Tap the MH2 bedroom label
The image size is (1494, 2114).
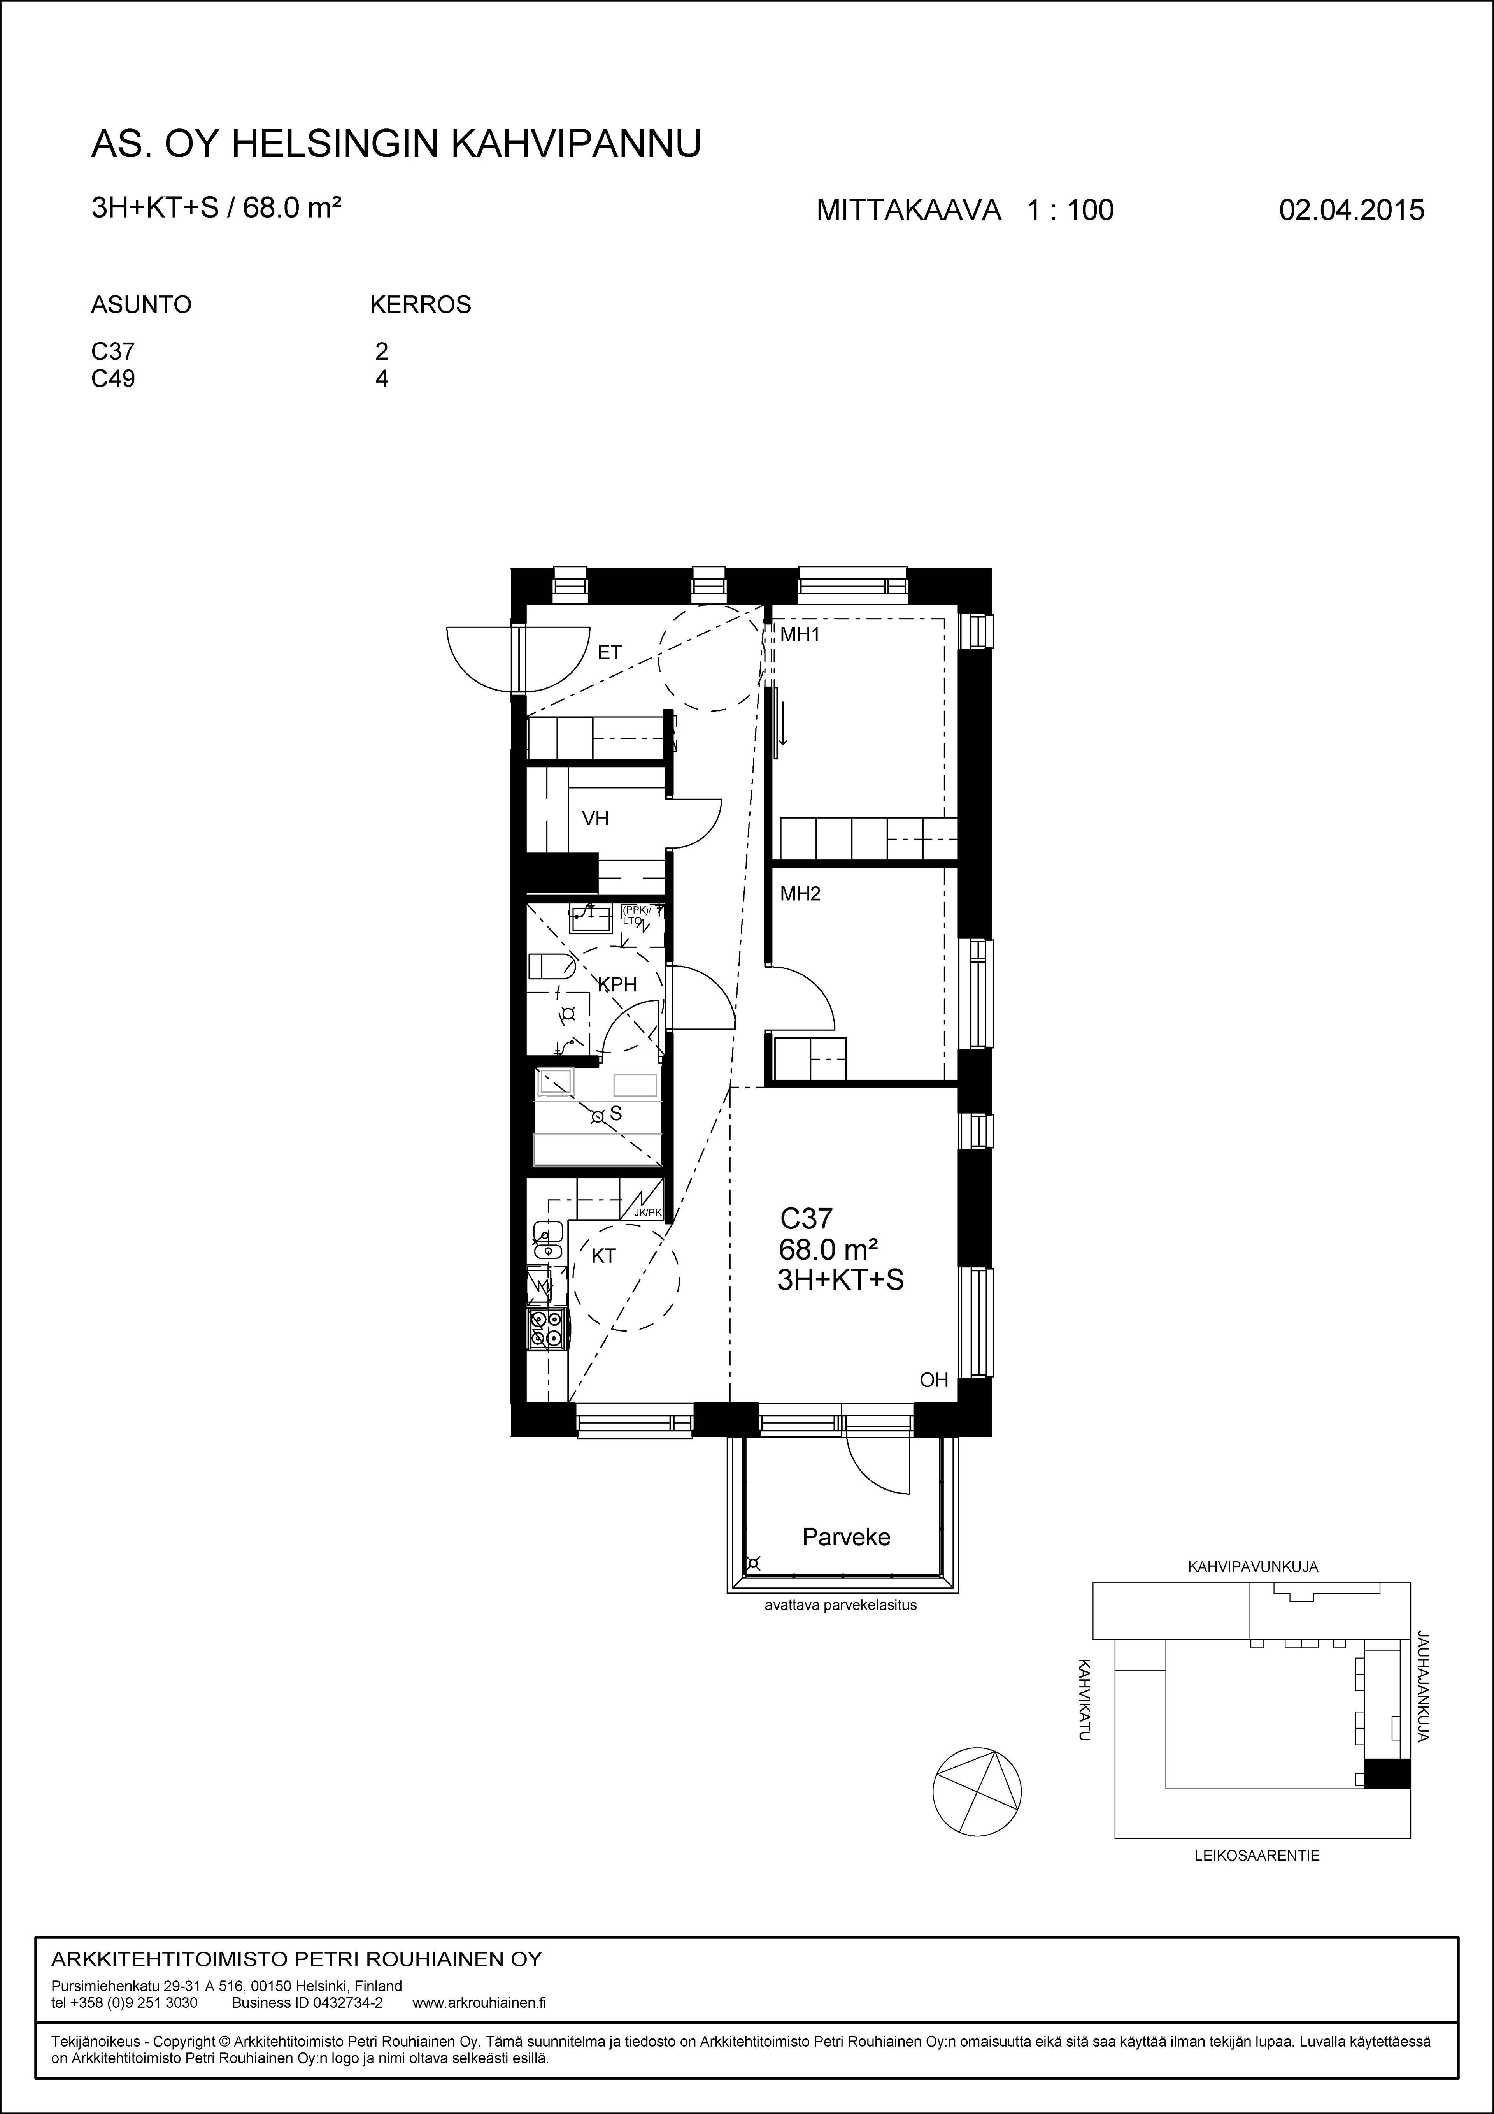pyautogui.click(x=800, y=894)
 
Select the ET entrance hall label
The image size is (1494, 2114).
pyautogui.click(x=609, y=653)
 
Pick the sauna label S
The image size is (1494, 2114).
pyautogui.click(x=616, y=1114)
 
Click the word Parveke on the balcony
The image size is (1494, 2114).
pyautogui.click(x=846, y=1537)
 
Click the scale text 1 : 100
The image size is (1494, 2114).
pyautogui.click(x=1070, y=211)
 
